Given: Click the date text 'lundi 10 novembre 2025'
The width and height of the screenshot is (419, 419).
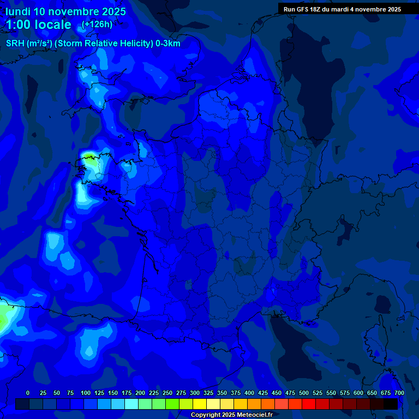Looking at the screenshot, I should [65, 11].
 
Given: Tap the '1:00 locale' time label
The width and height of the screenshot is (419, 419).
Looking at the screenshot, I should [39, 25].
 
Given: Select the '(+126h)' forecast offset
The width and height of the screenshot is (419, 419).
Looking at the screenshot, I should [97, 24].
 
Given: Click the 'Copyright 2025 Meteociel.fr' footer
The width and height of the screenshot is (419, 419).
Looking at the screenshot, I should [231, 415].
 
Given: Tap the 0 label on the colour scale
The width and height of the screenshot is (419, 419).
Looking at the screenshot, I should [28, 393].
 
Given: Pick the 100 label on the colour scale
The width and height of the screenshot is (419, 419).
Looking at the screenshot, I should [86, 393].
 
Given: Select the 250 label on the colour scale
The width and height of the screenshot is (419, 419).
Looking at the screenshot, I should [167, 393].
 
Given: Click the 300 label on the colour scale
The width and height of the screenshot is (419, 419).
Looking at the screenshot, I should [195, 393].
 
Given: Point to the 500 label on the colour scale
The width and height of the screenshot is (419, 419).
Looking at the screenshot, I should [304, 393].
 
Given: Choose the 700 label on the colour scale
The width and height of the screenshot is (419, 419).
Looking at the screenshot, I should [399, 393].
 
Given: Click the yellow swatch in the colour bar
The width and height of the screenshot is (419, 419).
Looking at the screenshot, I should [200, 404].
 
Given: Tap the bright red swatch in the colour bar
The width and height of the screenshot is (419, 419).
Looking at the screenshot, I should [309, 404].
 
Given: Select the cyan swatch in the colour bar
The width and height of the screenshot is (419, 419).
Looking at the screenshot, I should [131, 404].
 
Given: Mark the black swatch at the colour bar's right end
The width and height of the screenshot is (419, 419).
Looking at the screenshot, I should [391, 404].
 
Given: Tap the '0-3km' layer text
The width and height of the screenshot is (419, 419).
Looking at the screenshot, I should [168, 44].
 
